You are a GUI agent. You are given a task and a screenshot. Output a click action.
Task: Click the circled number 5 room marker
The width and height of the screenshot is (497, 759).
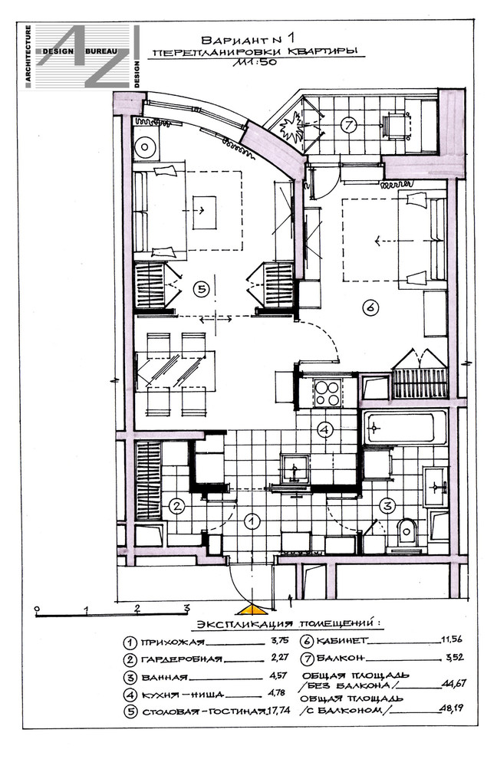[200, 289]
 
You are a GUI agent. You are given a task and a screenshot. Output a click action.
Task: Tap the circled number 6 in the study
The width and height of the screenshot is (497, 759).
[370, 307]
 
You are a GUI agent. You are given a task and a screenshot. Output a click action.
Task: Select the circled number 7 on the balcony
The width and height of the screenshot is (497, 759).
[348, 125]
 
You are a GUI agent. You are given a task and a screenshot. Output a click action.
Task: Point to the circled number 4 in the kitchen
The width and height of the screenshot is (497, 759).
[325, 429]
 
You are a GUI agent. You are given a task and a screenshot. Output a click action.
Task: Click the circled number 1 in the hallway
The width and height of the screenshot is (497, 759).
[252, 521]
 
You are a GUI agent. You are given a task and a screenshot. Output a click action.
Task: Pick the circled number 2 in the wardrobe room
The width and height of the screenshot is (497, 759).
[177, 507]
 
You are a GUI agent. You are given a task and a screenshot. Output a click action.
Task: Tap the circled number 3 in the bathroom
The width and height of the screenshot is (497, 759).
[387, 506]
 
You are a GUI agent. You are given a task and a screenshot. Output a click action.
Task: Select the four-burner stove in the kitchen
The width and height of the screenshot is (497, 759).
[327, 393]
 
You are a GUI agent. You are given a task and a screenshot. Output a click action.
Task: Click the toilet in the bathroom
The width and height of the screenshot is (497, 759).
[406, 534]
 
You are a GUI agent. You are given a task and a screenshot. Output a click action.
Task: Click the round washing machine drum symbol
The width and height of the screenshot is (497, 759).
[144, 146]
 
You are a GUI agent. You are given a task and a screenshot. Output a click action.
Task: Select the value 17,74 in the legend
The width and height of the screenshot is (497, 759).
[278, 710]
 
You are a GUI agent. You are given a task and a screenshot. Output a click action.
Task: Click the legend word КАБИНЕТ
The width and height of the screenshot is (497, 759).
[342, 641]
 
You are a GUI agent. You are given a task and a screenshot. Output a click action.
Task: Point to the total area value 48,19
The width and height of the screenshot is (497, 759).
[451, 708]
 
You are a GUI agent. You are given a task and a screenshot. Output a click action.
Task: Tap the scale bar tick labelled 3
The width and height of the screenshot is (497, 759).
[186, 609]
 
